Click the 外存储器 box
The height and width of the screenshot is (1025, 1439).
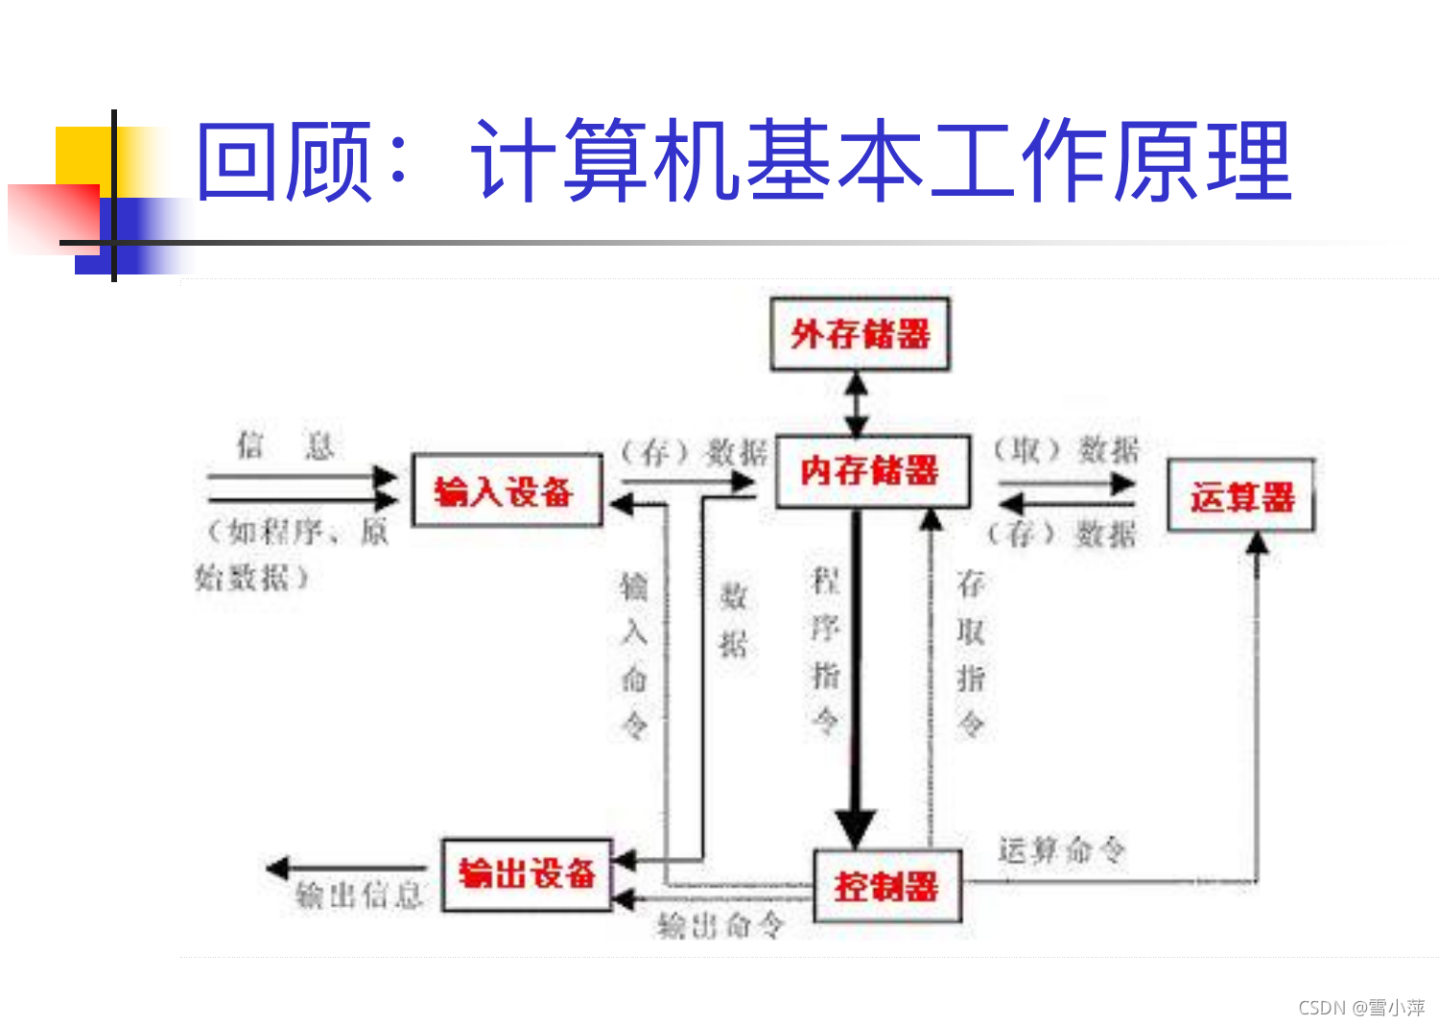click(x=861, y=335)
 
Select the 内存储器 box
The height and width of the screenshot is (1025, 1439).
click(x=871, y=471)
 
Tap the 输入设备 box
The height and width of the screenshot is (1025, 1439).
click(x=506, y=491)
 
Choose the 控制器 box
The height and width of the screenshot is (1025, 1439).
click(x=886, y=886)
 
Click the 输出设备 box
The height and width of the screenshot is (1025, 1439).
click(x=527, y=874)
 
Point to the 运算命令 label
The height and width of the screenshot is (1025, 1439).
click(x=1061, y=849)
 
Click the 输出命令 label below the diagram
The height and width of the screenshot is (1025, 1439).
click(x=720, y=926)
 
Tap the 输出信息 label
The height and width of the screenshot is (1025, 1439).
click(x=359, y=896)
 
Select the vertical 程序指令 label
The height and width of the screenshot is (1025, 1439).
click(x=826, y=650)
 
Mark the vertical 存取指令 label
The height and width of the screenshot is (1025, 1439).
click(x=971, y=653)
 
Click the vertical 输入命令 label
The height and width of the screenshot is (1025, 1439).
click(x=634, y=656)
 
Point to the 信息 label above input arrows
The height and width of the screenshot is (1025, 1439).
click(x=285, y=444)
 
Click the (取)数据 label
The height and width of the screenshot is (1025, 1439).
click(x=1065, y=449)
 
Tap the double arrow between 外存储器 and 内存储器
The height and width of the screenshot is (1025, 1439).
click(x=857, y=403)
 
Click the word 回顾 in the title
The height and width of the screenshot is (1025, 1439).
click(x=284, y=161)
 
